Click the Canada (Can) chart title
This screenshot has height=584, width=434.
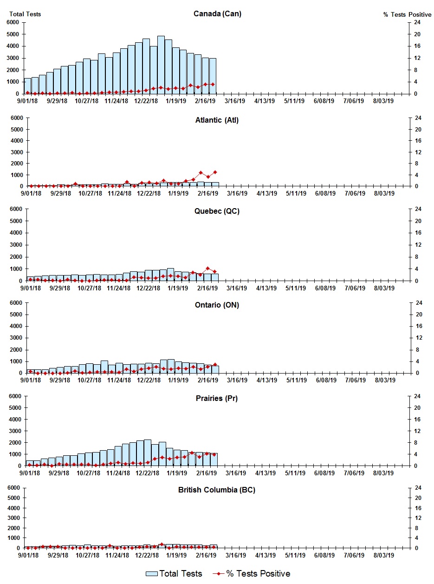point(217,13)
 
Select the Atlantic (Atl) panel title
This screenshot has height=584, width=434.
point(217,120)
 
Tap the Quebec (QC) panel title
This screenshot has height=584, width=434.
point(217,211)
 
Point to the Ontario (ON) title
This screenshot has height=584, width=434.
point(217,305)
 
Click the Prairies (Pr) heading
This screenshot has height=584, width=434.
point(217,399)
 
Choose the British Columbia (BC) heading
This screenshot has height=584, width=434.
point(217,490)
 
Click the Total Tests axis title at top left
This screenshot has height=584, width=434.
point(25,14)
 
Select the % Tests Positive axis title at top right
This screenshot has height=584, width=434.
point(407,14)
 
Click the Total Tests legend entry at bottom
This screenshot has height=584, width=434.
point(174,574)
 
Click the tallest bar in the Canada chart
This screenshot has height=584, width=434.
point(161,65)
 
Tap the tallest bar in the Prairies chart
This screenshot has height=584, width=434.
point(147,453)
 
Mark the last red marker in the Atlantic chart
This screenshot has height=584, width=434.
point(215,172)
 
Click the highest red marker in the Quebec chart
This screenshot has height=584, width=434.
point(207,268)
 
